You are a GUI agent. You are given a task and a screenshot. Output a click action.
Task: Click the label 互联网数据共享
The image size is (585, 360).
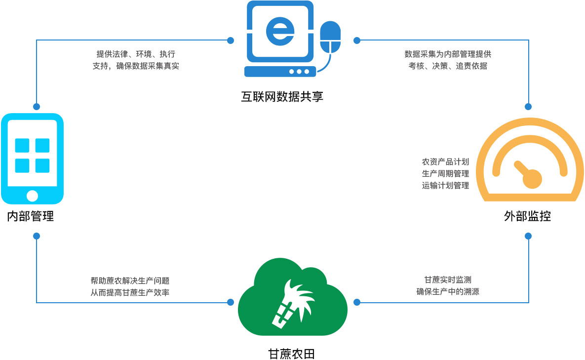282,97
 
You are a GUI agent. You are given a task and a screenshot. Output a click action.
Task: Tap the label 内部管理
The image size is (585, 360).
30,216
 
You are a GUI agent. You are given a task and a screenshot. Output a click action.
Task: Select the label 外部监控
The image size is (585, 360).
527,216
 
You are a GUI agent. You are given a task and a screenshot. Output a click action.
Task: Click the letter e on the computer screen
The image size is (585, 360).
280,30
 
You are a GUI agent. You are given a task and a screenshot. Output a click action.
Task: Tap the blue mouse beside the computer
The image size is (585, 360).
330,37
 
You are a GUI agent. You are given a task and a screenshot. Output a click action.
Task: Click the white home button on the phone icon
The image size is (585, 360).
32,195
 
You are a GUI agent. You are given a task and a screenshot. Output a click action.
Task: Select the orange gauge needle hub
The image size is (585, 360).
532,178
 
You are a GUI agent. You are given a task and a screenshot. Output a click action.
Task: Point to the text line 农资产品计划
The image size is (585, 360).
445,161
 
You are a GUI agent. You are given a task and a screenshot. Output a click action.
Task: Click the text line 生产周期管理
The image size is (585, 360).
445,173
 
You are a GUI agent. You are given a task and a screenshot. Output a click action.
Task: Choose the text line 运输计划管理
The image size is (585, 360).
445,186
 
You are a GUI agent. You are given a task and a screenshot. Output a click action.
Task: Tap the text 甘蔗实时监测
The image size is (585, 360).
448,280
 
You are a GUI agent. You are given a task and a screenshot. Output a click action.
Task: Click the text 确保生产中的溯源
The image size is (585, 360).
448,291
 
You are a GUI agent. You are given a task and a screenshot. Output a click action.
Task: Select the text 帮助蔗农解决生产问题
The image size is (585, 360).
130,280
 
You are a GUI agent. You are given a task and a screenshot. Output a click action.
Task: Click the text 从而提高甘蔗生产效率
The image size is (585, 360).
130,292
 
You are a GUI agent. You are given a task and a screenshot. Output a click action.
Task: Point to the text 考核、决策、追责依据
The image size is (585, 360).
448,66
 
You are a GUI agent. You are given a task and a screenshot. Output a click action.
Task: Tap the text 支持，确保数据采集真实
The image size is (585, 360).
136,66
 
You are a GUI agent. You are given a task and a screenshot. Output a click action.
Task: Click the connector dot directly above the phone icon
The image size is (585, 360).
36,106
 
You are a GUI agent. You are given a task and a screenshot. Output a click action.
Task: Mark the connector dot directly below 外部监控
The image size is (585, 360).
528,236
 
